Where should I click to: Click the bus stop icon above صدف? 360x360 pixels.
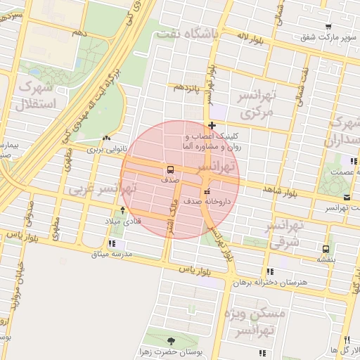(x=169, y=169)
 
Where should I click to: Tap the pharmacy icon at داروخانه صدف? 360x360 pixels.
(x=206, y=192)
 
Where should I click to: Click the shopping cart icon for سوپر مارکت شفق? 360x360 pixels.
(x=328, y=27)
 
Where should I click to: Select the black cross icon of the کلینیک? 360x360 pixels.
(x=212, y=126)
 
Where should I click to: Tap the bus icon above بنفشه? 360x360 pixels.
(x=325, y=249)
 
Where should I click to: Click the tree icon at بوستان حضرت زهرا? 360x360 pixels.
(x=172, y=342)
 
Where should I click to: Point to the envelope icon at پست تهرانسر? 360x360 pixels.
(x=349, y=198)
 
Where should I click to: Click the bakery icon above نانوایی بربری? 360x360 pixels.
(x=106, y=139)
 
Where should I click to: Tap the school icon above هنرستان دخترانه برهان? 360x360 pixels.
(x=270, y=272)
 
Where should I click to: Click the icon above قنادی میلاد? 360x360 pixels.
(x=123, y=210)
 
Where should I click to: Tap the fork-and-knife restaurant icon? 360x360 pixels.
(x=347, y=340)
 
